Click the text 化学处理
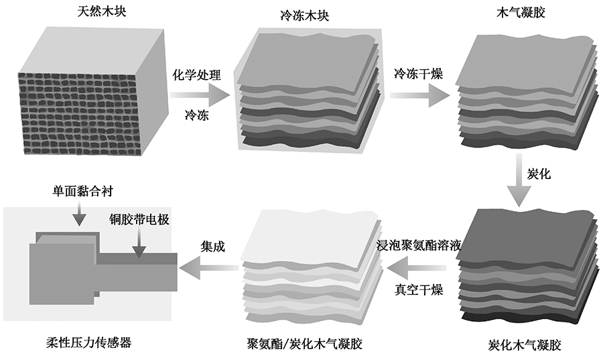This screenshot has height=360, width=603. tap(197, 74)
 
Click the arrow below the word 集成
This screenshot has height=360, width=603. tap(210, 269)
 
